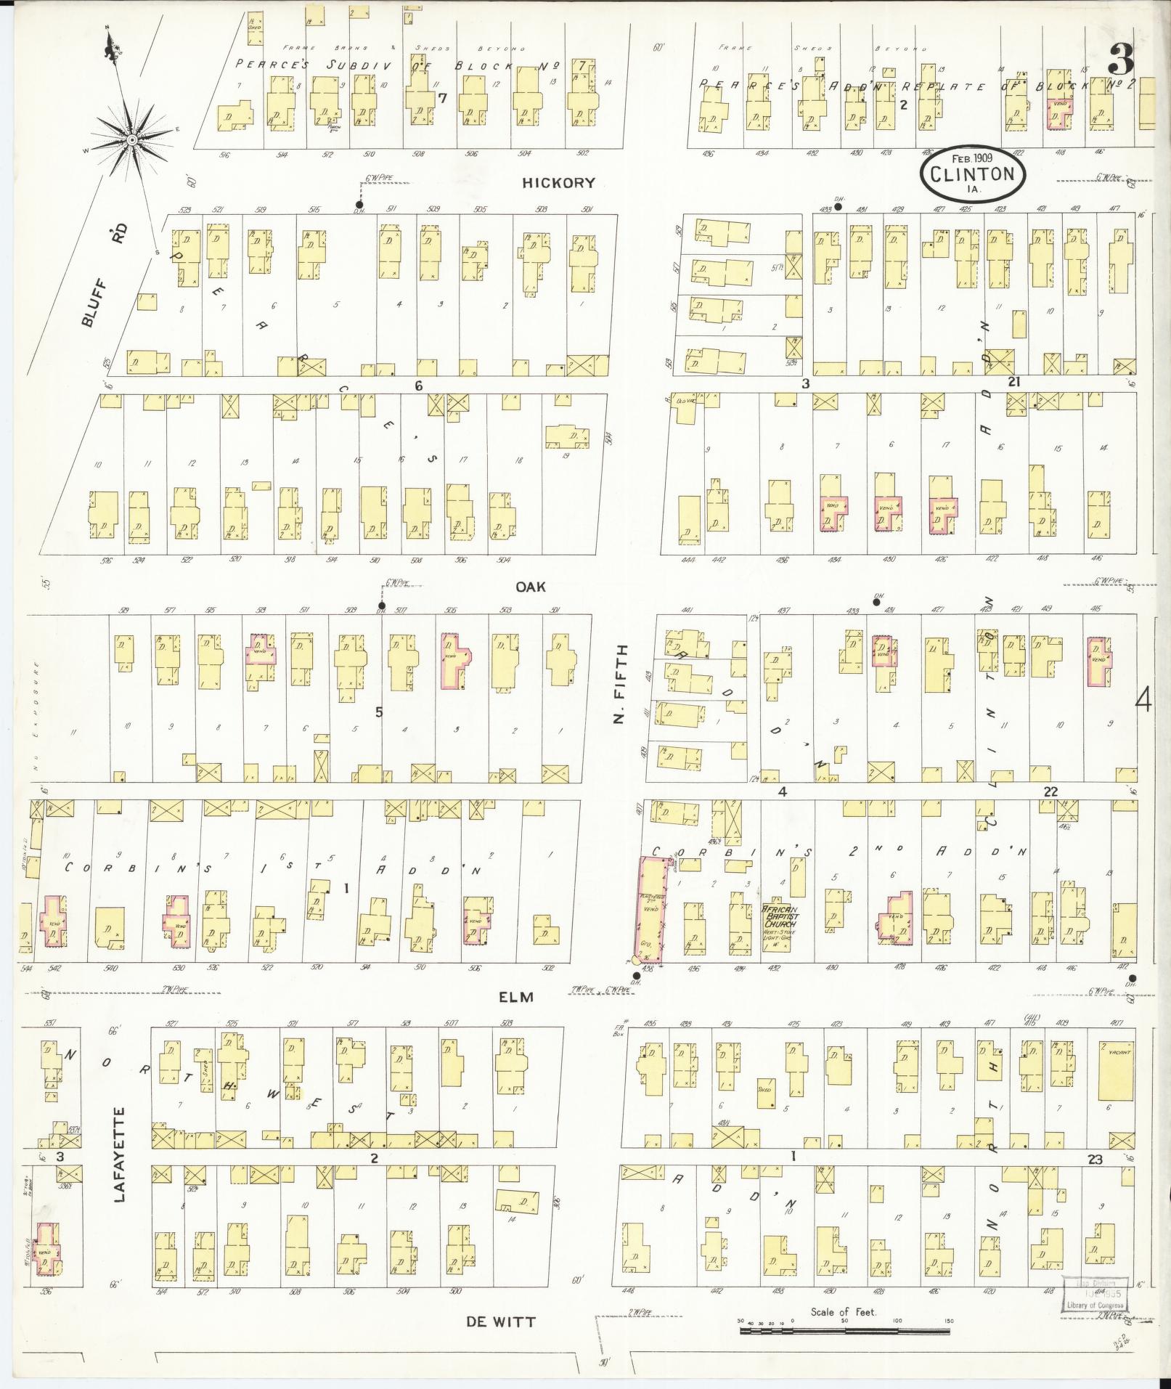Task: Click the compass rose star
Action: pos(133,138)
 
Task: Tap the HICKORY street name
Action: pos(558,183)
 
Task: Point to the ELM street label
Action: pos(516,997)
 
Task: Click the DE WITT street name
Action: pos(500,1321)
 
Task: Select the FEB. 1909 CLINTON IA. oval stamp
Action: pos(972,174)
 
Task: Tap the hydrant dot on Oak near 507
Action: pos(381,606)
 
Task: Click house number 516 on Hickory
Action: pos(224,155)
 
